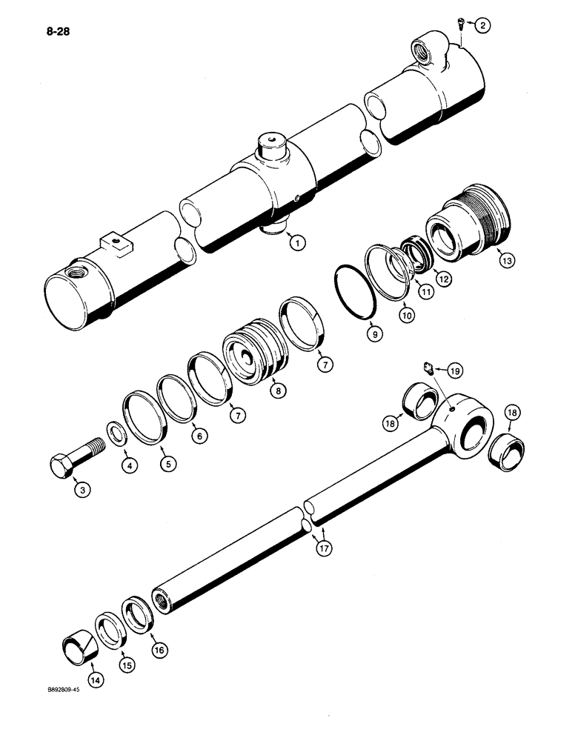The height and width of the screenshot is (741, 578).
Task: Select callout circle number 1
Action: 296,242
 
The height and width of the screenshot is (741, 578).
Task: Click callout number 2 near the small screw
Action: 482,26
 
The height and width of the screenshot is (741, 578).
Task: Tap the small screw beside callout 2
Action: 459,27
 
